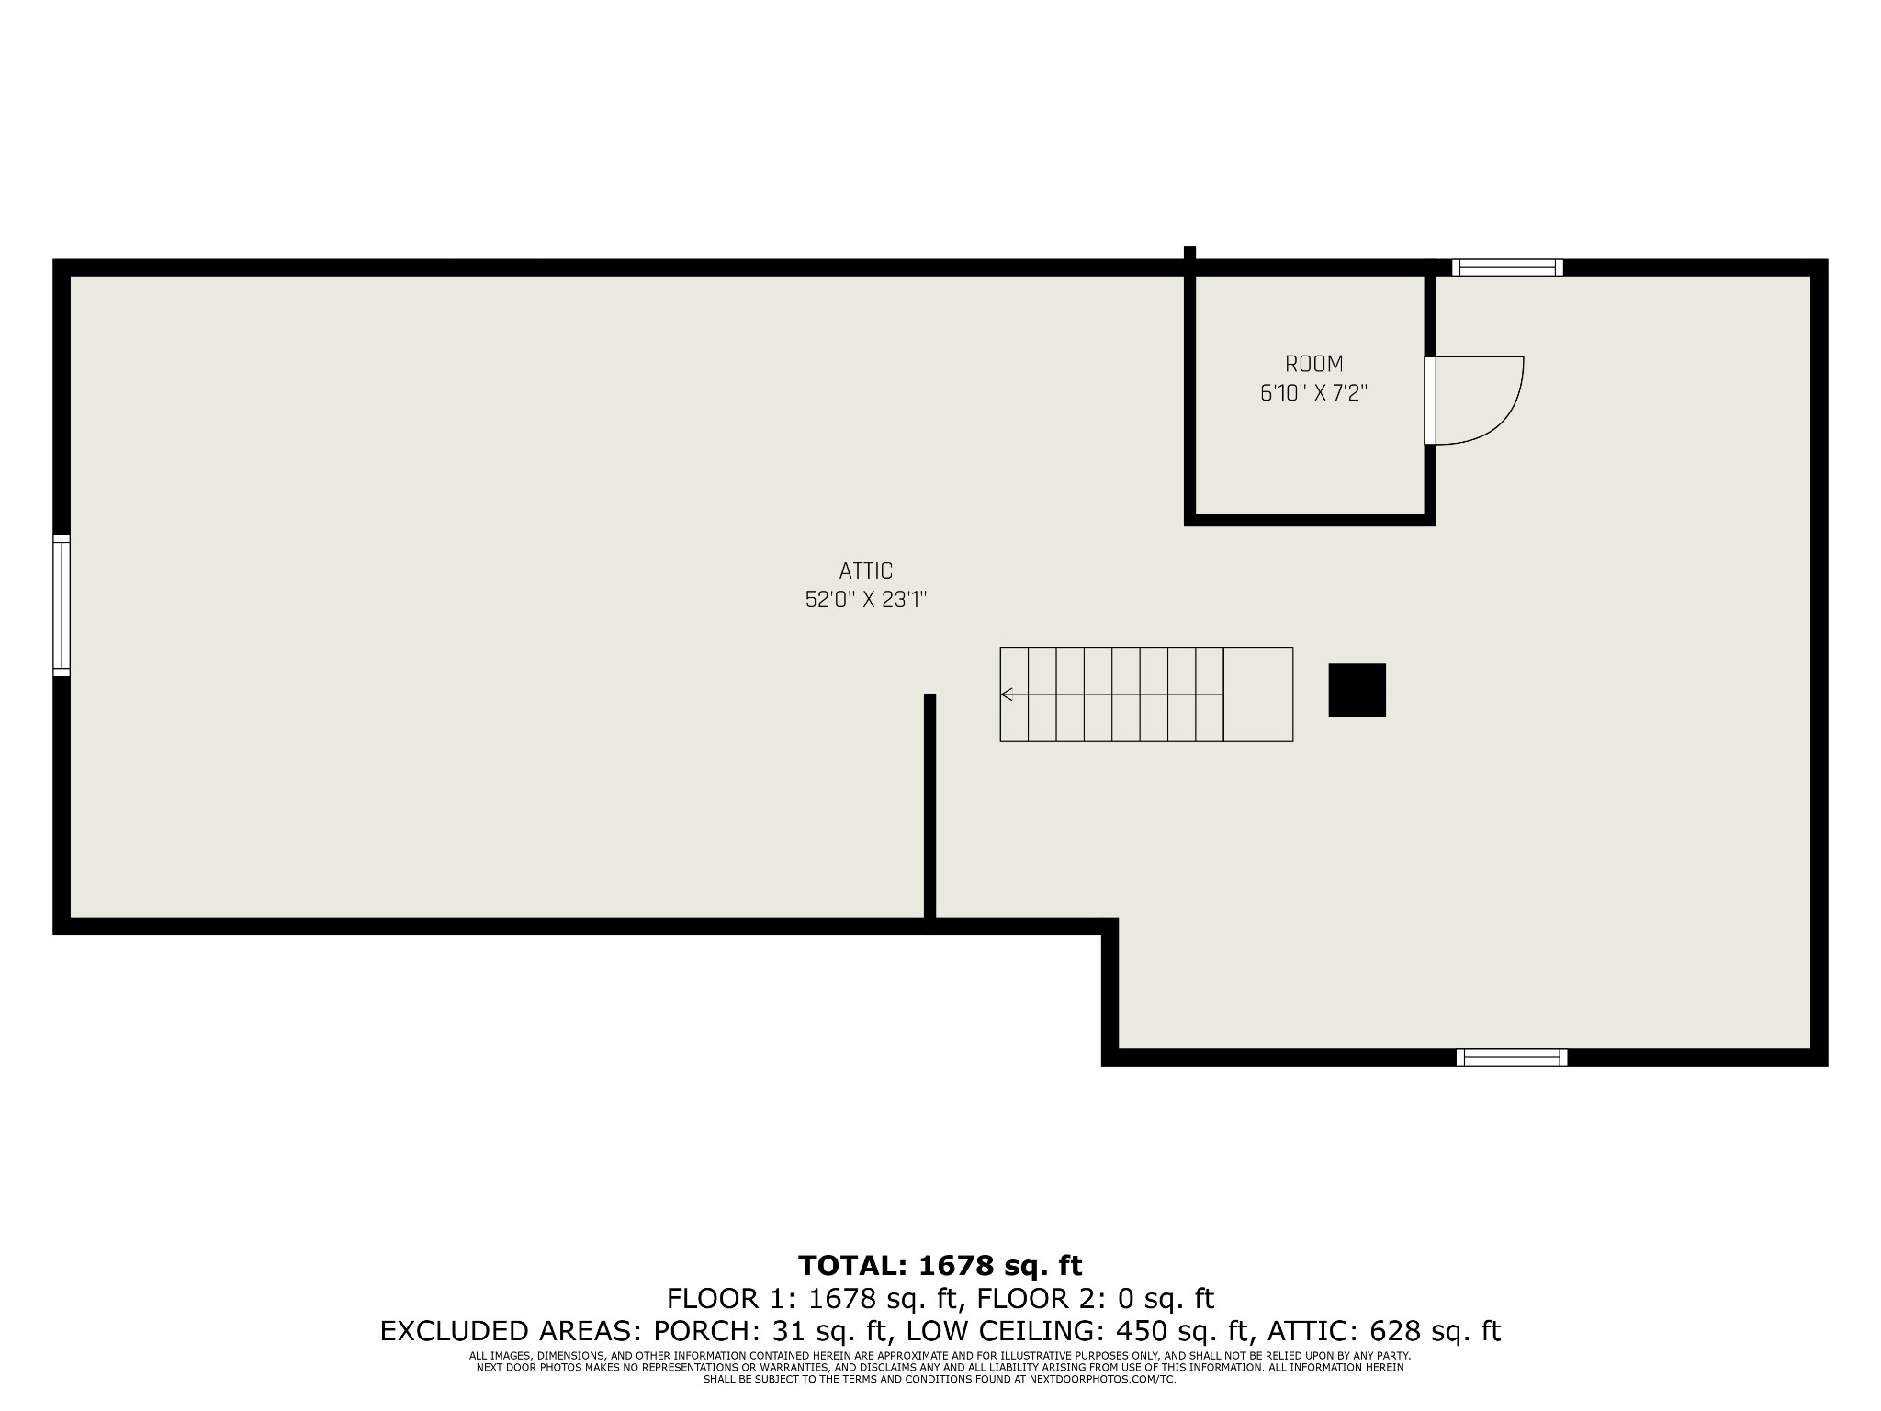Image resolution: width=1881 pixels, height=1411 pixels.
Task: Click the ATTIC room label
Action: [x=865, y=571]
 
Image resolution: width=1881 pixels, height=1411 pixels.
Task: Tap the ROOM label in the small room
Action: [x=1313, y=364]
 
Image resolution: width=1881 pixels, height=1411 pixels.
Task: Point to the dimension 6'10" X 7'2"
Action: [x=1313, y=393]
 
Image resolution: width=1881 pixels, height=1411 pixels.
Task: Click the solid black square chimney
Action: [x=1357, y=690]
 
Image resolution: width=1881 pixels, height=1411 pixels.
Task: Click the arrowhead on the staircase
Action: [x=1007, y=694]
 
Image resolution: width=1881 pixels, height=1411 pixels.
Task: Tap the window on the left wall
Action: [x=62, y=605]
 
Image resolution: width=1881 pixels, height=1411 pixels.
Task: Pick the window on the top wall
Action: [x=1507, y=267]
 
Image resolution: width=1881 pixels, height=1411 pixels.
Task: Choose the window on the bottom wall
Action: [x=1512, y=1057]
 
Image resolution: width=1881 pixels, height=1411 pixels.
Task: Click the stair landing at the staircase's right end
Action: [x=1258, y=694]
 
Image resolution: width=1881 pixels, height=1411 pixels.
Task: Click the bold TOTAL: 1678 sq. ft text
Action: [x=940, y=1266]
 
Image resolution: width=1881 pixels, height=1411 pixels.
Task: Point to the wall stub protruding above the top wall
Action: [x=1189, y=253]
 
